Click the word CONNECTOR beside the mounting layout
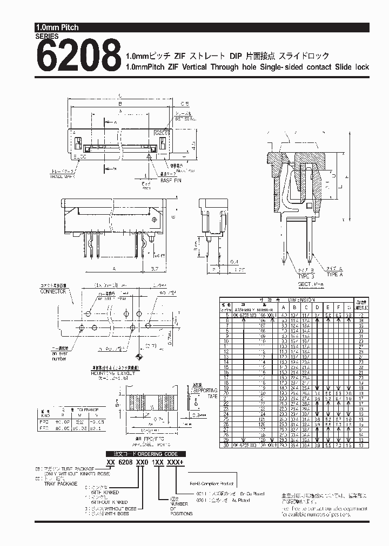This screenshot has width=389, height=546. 53,291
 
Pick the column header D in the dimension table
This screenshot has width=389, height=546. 318,308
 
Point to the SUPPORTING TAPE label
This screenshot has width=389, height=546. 205,392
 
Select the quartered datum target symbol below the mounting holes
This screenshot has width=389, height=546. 140,357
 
